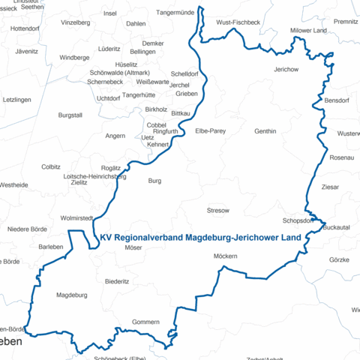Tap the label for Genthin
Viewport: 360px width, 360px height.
[265, 131]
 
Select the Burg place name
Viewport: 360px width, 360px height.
[154, 181]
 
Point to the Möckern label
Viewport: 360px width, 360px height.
[225, 257]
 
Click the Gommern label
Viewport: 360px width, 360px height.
[145, 322]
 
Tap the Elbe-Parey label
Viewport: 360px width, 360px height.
[210, 131]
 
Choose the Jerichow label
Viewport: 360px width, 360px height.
[286, 70]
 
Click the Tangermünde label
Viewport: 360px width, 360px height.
[154, 13]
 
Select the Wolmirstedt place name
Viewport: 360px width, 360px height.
[76, 217]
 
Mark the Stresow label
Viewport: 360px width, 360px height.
[217, 211]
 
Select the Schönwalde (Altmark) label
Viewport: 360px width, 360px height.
[118, 73]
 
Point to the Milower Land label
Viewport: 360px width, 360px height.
[308, 31]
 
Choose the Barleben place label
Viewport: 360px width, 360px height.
[51, 247]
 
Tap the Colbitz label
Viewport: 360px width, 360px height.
[51, 166]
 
